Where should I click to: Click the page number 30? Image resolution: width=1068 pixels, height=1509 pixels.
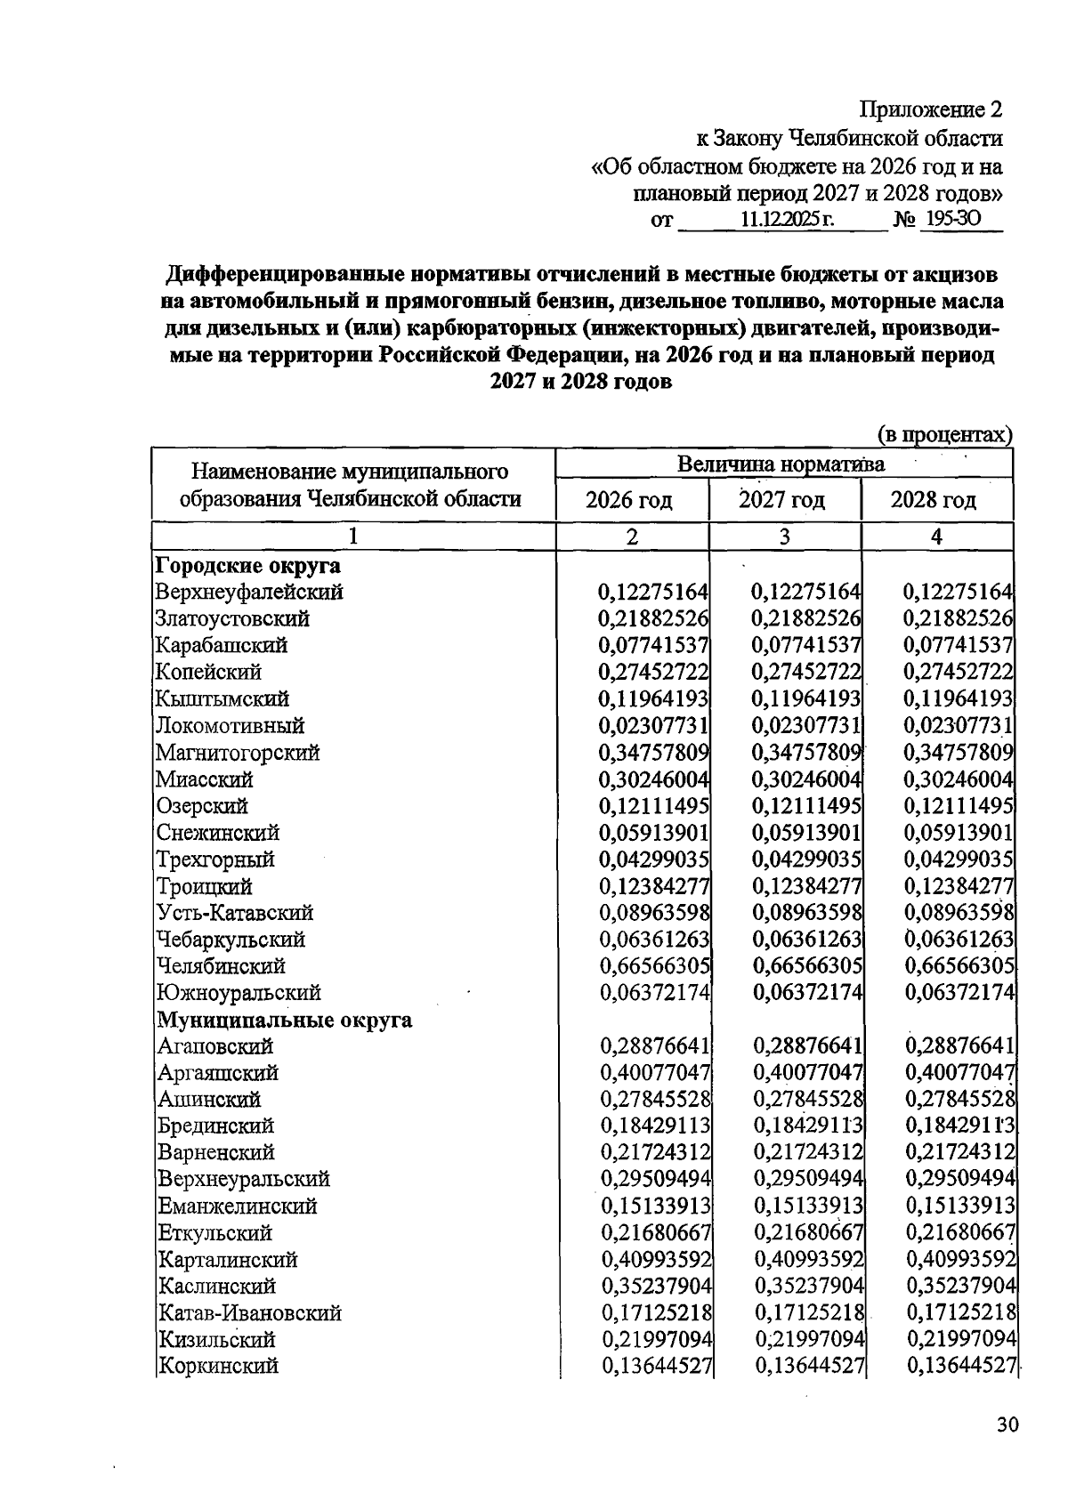coord(1007,1424)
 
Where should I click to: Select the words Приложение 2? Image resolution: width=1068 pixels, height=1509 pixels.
coord(931,109)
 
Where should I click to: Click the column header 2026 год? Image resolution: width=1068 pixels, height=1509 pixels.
coord(629,500)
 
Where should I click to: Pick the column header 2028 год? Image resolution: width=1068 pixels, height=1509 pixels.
coord(934,500)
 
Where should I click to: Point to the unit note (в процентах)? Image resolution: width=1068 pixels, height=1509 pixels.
coord(945,434)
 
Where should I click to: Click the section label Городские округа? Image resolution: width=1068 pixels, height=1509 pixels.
coord(248,566)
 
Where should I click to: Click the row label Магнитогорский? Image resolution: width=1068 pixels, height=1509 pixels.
coord(239,753)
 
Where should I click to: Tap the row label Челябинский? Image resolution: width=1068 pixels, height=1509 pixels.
coord(221,966)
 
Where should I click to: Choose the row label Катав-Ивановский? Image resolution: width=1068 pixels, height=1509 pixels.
coord(250,1313)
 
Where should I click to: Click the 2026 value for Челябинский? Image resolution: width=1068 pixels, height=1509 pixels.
coord(654,966)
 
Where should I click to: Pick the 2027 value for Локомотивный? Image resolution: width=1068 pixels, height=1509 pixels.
coord(806,726)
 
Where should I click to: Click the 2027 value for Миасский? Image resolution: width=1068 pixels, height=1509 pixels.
coord(806,779)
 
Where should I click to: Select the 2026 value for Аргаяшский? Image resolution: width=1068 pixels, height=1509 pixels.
coord(655,1073)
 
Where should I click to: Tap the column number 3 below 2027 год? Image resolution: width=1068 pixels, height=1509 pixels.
coord(784,537)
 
